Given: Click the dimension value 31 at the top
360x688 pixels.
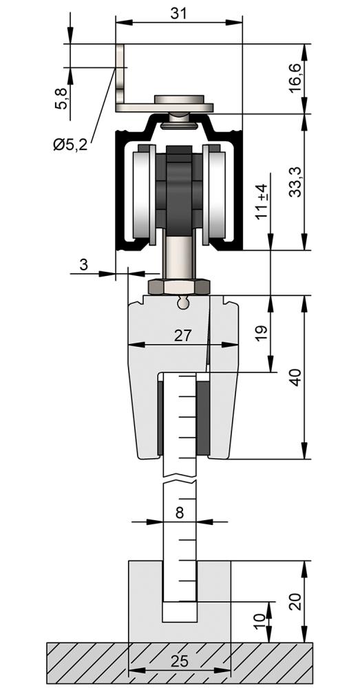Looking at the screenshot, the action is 179,14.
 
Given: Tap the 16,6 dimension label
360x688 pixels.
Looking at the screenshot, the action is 295,78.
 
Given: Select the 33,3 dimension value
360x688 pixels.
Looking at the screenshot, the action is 295,182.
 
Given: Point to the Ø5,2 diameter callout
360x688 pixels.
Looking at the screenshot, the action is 70,144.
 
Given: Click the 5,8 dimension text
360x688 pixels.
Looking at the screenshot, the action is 61,98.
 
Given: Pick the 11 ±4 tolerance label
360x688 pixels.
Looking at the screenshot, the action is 262,202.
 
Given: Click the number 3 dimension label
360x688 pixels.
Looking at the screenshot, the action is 84,265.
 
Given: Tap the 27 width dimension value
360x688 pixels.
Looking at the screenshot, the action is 182,336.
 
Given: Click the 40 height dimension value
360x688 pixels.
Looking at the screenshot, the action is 297,377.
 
